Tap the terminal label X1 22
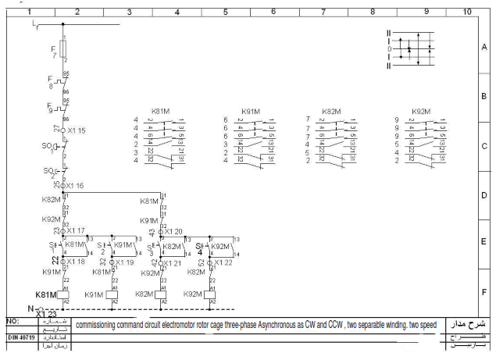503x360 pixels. click(x=222, y=262)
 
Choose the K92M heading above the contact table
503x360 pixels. click(x=421, y=112)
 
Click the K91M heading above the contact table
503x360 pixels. click(x=251, y=112)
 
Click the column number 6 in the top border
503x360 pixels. click(x=273, y=12)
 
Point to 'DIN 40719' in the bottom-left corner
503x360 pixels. click(x=19, y=337)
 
